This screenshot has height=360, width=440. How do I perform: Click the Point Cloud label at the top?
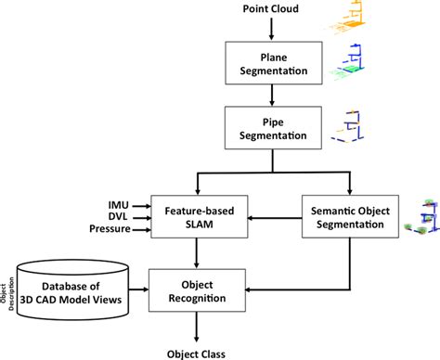pos(270,9)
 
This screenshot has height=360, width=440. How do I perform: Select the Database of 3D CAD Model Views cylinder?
pos(81,282)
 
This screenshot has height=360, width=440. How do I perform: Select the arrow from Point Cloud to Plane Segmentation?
pos(270,28)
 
